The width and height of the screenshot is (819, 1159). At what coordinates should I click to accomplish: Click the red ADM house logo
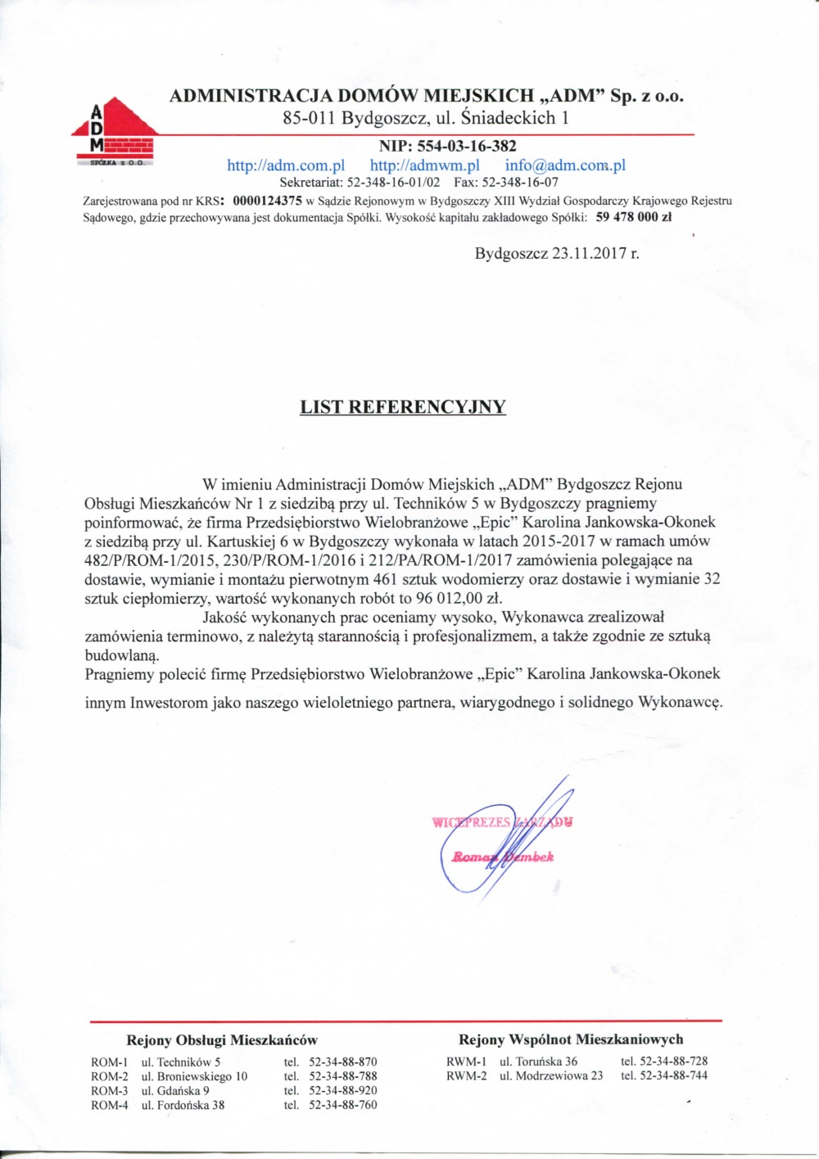click(x=115, y=131)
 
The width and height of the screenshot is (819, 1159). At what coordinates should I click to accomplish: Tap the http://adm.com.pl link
click(x=286, y=165)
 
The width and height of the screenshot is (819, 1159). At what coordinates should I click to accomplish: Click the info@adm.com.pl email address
click(x=565, y=165)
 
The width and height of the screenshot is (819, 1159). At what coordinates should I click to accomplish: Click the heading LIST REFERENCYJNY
click(x=403, y=407)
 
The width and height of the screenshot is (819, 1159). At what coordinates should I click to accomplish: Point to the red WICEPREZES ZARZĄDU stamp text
click(x=501, y=822)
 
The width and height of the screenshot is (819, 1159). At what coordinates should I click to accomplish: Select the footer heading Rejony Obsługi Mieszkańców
click(x=222, y=1040)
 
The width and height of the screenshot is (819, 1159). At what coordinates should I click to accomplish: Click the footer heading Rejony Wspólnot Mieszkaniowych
click(x=571, y=1039)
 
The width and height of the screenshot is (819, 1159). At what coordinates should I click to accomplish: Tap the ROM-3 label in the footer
click(x=109, y=1091)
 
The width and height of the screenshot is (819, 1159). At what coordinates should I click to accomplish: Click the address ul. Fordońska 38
click(x=183, y=1106)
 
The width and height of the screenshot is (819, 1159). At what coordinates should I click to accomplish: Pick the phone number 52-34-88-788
click(x=342, y=1076)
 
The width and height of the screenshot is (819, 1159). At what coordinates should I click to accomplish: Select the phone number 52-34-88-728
click(x=673, y=1062)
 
